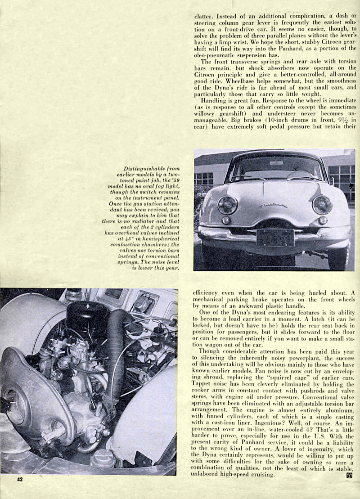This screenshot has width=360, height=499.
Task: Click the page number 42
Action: pos(20,479)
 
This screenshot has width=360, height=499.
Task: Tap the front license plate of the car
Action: pos(275,237)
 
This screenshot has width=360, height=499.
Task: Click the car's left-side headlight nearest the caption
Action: pos(227,205)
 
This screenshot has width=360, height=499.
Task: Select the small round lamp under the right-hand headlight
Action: pos(323,220)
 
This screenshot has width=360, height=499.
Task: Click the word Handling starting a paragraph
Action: pos(214,102)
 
